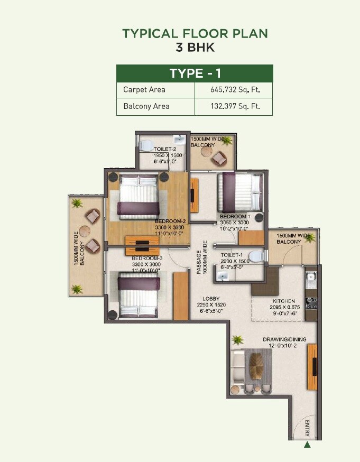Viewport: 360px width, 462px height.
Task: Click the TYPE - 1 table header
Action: [195, 73]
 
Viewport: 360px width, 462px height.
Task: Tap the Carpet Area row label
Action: [144, 90]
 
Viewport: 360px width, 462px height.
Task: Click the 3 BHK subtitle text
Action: [195, 47]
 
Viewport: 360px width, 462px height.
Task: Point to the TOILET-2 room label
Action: [164, 150]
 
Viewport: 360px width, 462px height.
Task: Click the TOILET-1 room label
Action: [233, 255]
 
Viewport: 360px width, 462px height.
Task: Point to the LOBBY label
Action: [211, 299]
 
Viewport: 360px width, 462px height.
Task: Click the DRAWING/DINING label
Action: [284, 339]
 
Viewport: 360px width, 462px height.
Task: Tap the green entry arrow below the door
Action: [307, 445]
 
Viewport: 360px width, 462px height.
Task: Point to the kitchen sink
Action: [311, 276]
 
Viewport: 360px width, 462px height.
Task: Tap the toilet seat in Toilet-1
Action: [255, 255]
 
